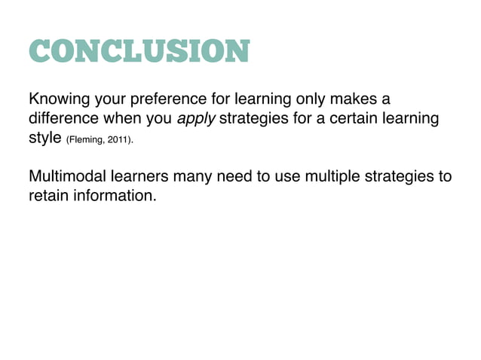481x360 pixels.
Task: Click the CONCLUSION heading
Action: (x=138, y=52)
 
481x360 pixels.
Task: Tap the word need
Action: (x=237, y=178)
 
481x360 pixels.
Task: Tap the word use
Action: (x=288, y=178)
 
